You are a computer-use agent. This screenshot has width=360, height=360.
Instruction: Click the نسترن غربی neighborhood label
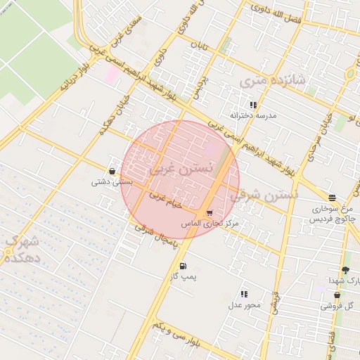[x=180, y=169]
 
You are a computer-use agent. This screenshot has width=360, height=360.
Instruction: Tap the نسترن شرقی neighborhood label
[x=264, y=195]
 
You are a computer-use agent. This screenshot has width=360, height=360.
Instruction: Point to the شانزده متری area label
[x=274, y=81]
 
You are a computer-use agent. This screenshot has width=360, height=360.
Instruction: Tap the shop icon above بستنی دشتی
[x=112, y=171]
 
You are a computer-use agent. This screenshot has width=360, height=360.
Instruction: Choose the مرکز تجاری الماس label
[x=210, y=223]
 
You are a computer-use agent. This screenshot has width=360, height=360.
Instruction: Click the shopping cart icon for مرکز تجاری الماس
[x=210, y=212]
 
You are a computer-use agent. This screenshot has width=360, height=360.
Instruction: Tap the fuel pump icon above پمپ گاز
[x=184, y=266]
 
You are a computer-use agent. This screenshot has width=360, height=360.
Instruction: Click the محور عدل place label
[x=244, y=305]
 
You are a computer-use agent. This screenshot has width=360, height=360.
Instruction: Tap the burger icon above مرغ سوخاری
[x=332, y=198]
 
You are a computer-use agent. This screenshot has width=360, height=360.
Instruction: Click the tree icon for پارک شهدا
[x=345, y=271]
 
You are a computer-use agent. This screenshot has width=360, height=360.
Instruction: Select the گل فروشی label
[x=337, y=306]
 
